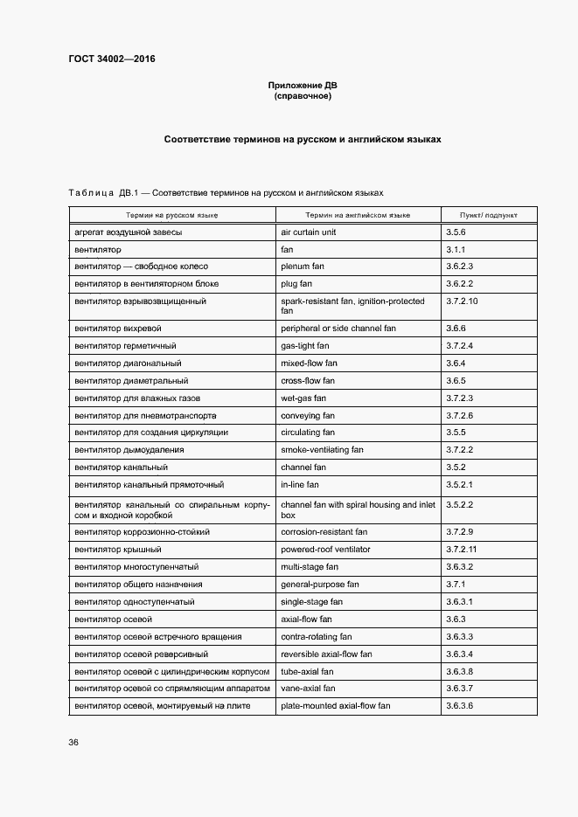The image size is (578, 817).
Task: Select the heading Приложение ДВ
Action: (x=302, y=86)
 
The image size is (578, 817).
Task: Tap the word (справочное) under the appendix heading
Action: (x=302, y=96)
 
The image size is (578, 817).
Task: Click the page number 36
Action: (x=73, y=742)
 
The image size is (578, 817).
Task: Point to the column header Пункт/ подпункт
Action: (x=488, y=214)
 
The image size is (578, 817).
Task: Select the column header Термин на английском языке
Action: (x=358, y=214)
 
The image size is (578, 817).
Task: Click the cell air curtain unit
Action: (x=308, y=232)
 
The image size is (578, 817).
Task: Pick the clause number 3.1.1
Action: (x=456, y=250)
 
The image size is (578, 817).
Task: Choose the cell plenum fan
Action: (x=303, y=267)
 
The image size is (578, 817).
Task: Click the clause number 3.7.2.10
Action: (x=463, y=301)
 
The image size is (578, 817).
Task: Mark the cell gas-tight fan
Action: (x=305, y=346)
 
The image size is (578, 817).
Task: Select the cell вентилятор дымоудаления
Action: (x=129, y=450)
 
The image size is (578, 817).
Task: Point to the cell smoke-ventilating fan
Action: (x=322, y=450)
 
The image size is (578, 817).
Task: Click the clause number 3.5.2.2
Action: (x=459, y=504)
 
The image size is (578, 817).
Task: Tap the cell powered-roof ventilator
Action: (x=325, y=550)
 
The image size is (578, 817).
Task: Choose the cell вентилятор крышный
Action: (x=117, y=550)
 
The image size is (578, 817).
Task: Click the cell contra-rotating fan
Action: (x=317, y=637)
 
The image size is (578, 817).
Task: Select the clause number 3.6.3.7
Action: (x=459, y=689)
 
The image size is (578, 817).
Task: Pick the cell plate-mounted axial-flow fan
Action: (x=335, y=705)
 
